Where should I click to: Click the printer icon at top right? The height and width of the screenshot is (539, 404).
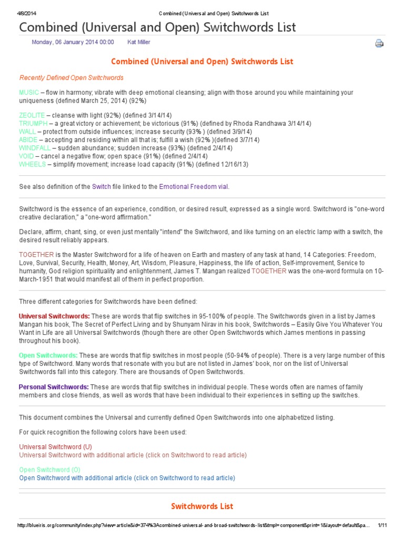379,44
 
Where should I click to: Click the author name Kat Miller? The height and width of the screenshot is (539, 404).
142,42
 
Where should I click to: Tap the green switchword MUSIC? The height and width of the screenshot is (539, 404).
29,93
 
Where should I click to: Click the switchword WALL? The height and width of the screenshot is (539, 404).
27,132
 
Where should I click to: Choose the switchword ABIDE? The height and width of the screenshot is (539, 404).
28,140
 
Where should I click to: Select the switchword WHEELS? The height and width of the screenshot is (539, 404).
32,164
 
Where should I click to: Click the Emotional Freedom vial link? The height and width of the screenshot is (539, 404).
194,186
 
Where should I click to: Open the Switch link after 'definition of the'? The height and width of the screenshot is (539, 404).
102,186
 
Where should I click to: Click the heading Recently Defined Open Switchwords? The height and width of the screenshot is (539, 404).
71,78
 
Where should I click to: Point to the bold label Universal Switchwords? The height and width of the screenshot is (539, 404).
54,316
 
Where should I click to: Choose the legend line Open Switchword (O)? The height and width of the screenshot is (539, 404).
50,470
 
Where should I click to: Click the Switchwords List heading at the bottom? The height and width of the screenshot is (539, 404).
202,506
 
